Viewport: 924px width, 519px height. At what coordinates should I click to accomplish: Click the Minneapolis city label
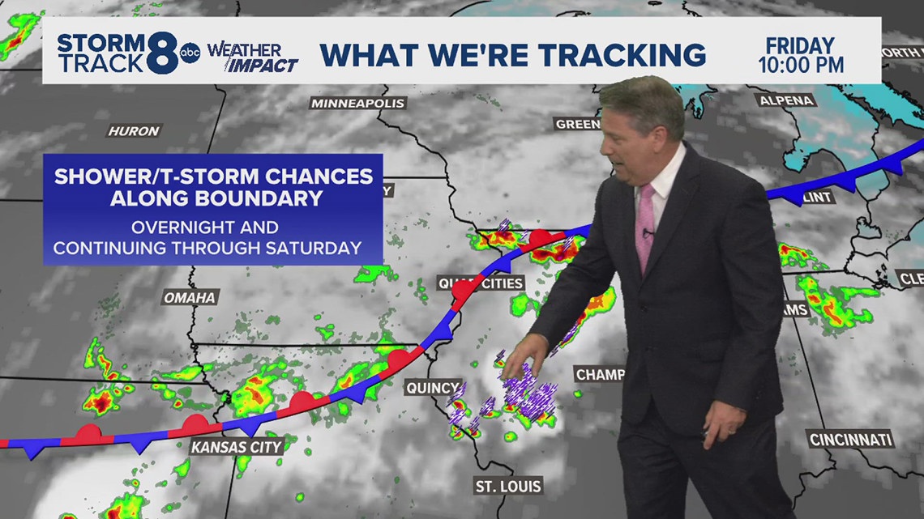(x=357, y=104)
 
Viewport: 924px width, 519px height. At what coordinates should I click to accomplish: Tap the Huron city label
(x=134, y=130)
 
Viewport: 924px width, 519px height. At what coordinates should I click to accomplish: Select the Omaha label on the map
(x=190, y=297)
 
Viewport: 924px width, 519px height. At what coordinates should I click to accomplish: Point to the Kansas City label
(x=237, y=446)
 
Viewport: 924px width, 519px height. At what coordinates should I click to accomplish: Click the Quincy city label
(x=433, y=388)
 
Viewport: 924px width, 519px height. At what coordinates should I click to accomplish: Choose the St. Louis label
(x=508, y=487)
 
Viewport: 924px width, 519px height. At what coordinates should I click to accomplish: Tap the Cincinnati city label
(x=850, y=440)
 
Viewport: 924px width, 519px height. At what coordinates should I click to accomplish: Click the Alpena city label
(x=786, y=100)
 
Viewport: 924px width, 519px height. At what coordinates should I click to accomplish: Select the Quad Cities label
(x=481, y=283)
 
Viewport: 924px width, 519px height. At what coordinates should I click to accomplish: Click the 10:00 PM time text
(x=800, y=64)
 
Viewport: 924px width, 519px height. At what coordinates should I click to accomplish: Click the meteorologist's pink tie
(x=646, y=228)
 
